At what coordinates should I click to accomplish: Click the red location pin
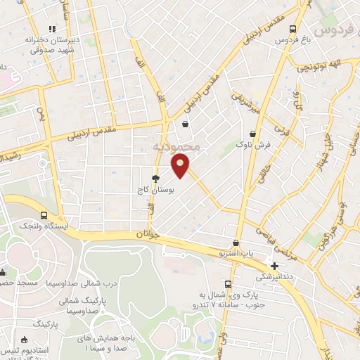pyautogui.click(x=181, y=166)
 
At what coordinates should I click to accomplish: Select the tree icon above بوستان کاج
pyautogui.click(x=155, y=179)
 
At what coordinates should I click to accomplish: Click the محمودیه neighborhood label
pyautogui.click(x=176, y=148)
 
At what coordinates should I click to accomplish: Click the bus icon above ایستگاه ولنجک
pyautogui.click(x=44, y=215)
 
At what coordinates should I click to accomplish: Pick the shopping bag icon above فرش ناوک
pyautogui.click(x=252, y=134)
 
